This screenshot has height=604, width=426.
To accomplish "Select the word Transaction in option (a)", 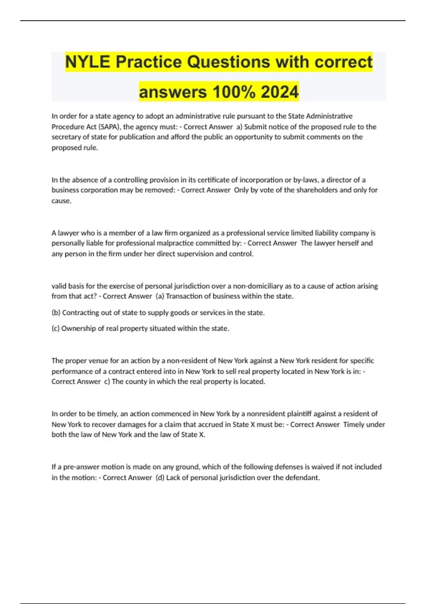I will tap(184, 296).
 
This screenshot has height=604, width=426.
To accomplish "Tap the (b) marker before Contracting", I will tap(56, 313).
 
